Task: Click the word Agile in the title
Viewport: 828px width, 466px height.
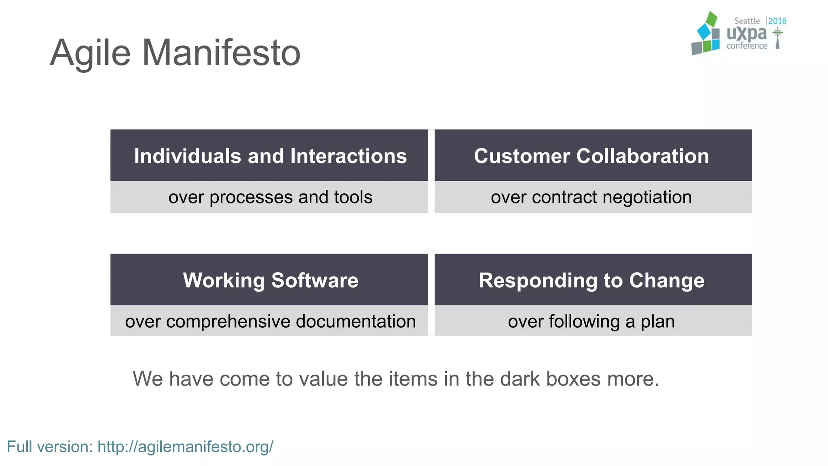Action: pyautogui.click(x=90, y=53)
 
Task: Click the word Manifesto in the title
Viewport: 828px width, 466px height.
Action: pyautogui.click(x=221, y=53)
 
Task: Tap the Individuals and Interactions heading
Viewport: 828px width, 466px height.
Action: pyautogui.click(x=270, y=156)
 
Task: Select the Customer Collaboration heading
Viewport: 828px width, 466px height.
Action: pyautogui.click(x=591, y=156)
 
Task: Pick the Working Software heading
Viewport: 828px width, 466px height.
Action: pyautogui.click(x=270, y=280)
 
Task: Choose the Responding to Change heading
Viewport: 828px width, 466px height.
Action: pyautogui.click(x=591, y=280)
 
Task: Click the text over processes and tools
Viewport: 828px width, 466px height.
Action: pyautogui.click(x=270, y=197)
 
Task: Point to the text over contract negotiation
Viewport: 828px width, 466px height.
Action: pyautogui.click(x=591, y=197)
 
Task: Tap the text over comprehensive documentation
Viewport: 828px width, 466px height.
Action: pyautogui.click(x=270, y=322)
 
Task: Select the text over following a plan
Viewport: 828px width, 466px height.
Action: pyautogui.click(x=591, y=322)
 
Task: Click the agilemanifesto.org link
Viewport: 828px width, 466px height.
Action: pyautogui.click(x=186, y=447)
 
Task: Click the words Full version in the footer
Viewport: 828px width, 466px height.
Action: pyautogui.click(x=50, y=447)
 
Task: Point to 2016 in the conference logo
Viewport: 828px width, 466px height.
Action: pyautogui.click(x=777, y=21)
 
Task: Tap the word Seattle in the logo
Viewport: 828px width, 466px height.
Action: pyautogui.click(x=747, y=21)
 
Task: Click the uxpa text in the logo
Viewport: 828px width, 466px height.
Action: pyautogui.click(x=746, y=34)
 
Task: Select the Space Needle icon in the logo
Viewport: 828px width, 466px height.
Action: pyautogui.click(x=777, y=38)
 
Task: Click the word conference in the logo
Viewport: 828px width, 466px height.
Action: pyautogui.click(x=746, y=46)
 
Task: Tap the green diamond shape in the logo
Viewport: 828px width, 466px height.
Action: pyautogui.click(x=711, y=19)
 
